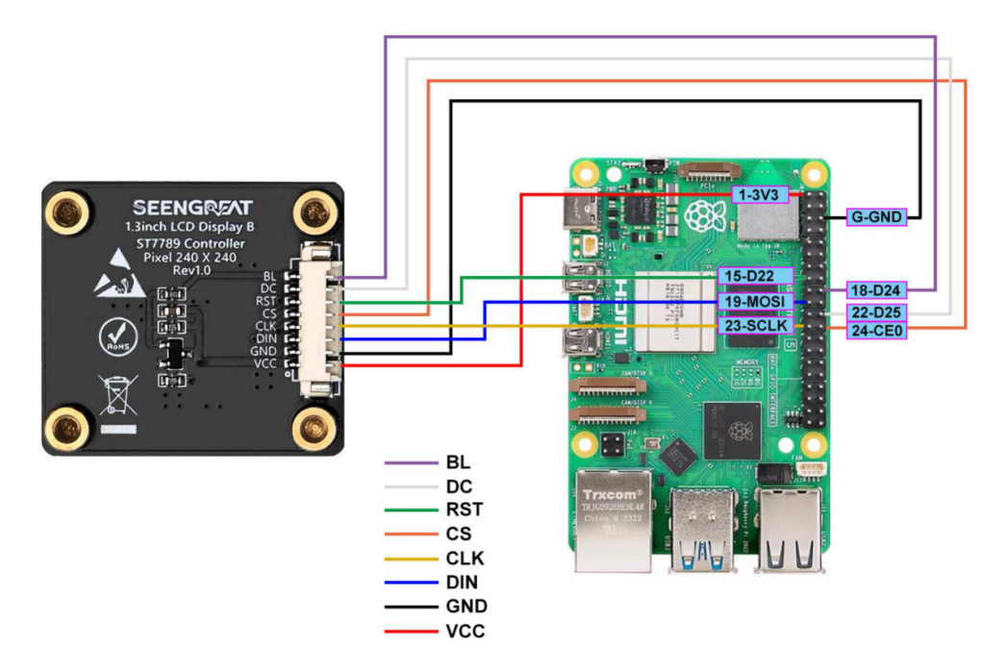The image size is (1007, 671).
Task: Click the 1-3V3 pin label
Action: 761,195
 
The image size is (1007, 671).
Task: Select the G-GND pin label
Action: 876,217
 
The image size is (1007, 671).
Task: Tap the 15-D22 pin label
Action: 755,277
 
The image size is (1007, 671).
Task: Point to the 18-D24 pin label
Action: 876,289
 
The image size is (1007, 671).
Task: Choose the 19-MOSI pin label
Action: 756,302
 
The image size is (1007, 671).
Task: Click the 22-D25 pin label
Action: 876,313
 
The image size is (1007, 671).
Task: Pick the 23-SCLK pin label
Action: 756,326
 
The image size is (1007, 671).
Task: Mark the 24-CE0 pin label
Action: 876,332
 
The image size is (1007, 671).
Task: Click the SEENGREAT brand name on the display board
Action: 191,208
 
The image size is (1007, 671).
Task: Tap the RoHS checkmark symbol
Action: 116,337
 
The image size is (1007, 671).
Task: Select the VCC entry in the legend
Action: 466,631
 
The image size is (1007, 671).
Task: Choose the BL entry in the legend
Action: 458,462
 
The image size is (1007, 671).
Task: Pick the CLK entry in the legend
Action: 466,559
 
